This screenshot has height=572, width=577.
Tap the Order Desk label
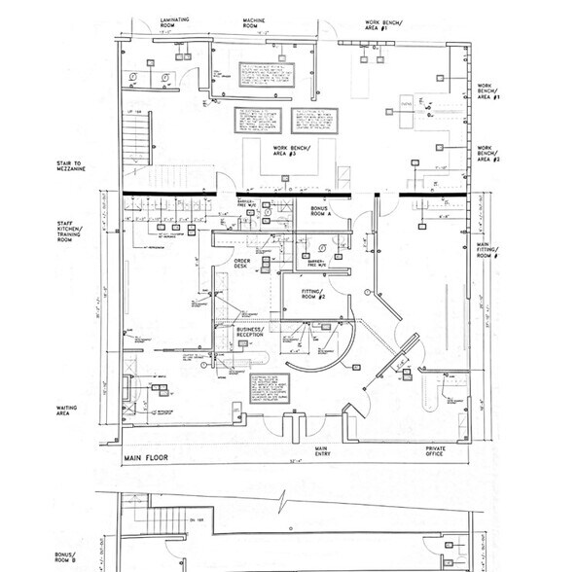[231, 265]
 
